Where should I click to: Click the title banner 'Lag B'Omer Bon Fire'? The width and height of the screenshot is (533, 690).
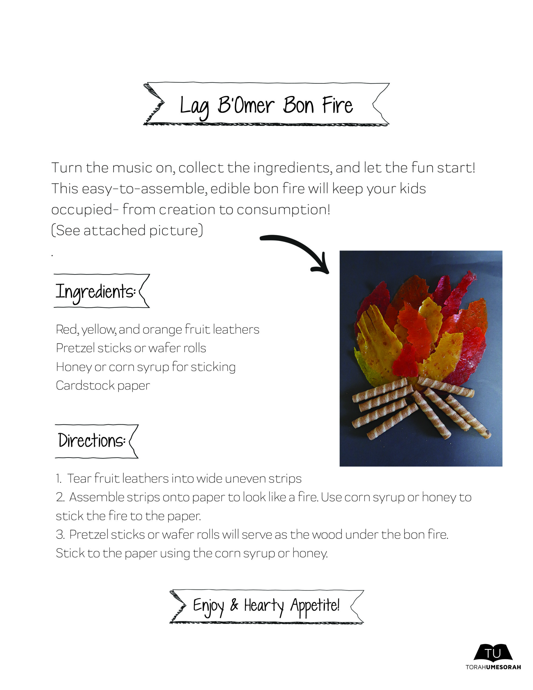pyautogui.click(x=266, y=104)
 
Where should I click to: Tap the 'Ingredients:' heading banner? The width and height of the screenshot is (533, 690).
pyautogui.click(x=101, y=291)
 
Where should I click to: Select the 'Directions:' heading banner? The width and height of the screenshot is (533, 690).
pyautogui.click(x=96, y=441)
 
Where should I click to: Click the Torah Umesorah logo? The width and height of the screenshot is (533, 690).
pyautogui.click(x=493, y=657)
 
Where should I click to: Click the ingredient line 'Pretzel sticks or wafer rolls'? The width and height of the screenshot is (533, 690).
pyautogui.click(x=131, y=348)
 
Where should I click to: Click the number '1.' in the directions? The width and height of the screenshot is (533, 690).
pyautogui.click(x=59, y=479)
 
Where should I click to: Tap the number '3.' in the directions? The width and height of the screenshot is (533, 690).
pyautogui.click(x=60, y=534)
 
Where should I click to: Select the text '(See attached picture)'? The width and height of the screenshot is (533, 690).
pyautogui.click(x=127, y=230)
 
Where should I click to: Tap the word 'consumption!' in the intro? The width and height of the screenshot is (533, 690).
pyautogui.click(x=284, y=209)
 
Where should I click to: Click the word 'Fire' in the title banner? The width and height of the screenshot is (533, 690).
pyautogui.click(x=337, y=105)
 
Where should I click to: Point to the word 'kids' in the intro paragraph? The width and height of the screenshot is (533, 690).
pyautogui.click(x=413, y=189)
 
